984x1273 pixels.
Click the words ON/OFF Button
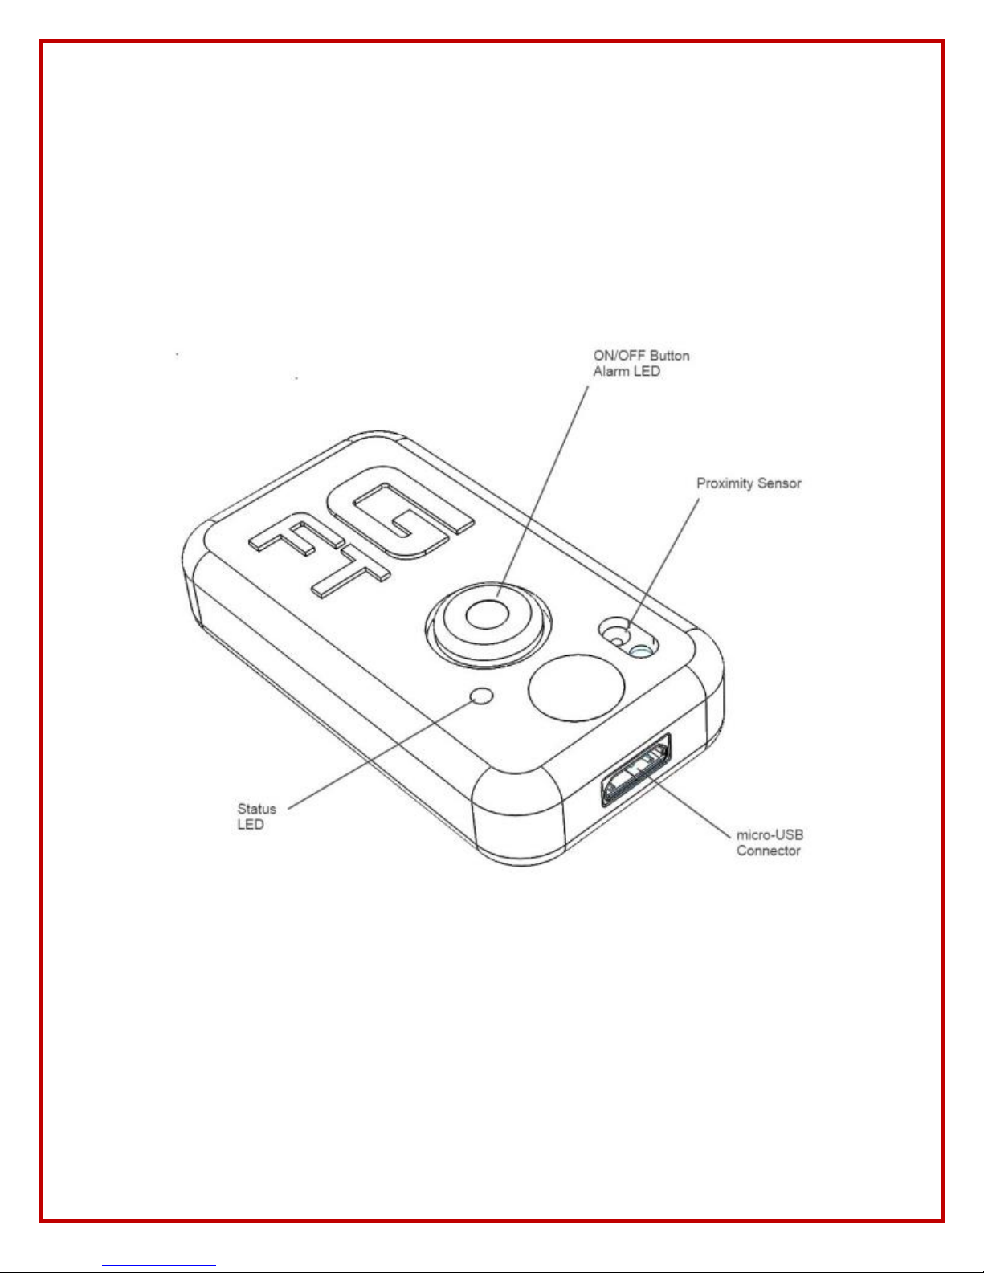641,356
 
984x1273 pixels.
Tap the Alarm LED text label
627,372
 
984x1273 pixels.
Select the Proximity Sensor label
749,483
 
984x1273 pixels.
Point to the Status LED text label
256,817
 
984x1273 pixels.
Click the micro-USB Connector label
770,843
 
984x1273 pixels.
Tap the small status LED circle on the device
482,696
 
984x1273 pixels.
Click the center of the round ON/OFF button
487,616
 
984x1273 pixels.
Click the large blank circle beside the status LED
576,688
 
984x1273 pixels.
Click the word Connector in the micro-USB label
769,851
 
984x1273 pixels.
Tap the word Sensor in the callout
782,483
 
